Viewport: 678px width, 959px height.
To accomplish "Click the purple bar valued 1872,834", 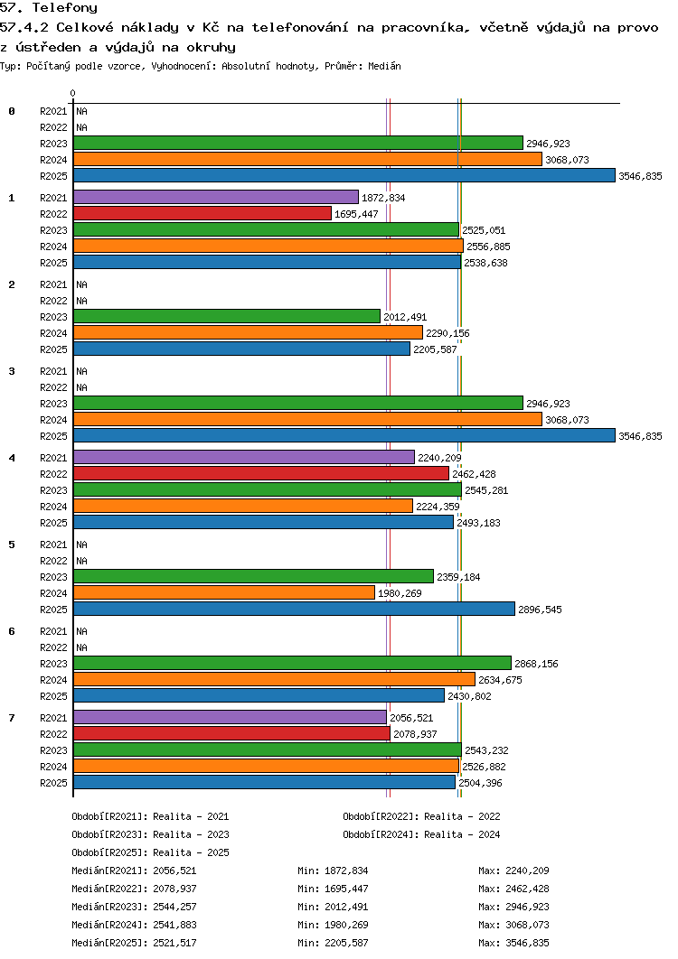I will pyautogui.click(x=215, y=197).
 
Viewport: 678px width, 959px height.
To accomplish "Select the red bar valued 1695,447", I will pyautogui.click(x=202, y=213).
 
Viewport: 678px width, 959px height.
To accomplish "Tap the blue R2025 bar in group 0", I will pyautogui.click(x=344, y=175).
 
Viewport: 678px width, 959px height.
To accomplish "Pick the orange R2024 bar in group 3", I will pyautogui.click(x=307, y=419).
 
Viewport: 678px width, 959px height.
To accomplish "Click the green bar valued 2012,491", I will pyautogui.click(x=226, y=316).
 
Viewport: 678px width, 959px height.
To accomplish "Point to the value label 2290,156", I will pyautogui.click(x=447, y=333).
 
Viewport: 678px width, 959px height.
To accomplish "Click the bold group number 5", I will pyautogui.click(x=12, y=545).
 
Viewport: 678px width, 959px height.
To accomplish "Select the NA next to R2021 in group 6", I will pyautogui.click(x=81, y=631).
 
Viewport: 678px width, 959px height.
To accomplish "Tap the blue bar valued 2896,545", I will pyautogui.click(x=294, y=609).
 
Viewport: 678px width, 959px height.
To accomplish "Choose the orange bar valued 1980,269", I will pyautogui.click(x=223, y=592).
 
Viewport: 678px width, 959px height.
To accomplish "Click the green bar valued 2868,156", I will pyautogui.click(x=292, y=663).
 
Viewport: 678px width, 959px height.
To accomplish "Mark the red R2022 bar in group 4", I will pyautogui.click(x=260, y=473).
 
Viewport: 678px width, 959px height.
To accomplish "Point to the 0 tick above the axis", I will pyautogui.click(x=72, y=93).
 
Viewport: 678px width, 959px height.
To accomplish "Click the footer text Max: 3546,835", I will pyautogui.click(x=513, y=943).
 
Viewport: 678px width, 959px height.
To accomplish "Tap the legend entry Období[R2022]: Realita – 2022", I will pyautogui.click(x=421, y=816).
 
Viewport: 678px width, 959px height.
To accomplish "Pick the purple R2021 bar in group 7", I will pyautogui.click(x=230, y=717).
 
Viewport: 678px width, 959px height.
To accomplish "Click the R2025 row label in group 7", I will pyautogui.click(x=53, y=783).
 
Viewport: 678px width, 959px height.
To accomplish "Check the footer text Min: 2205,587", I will pyautogui.click(x=333, y=943).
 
